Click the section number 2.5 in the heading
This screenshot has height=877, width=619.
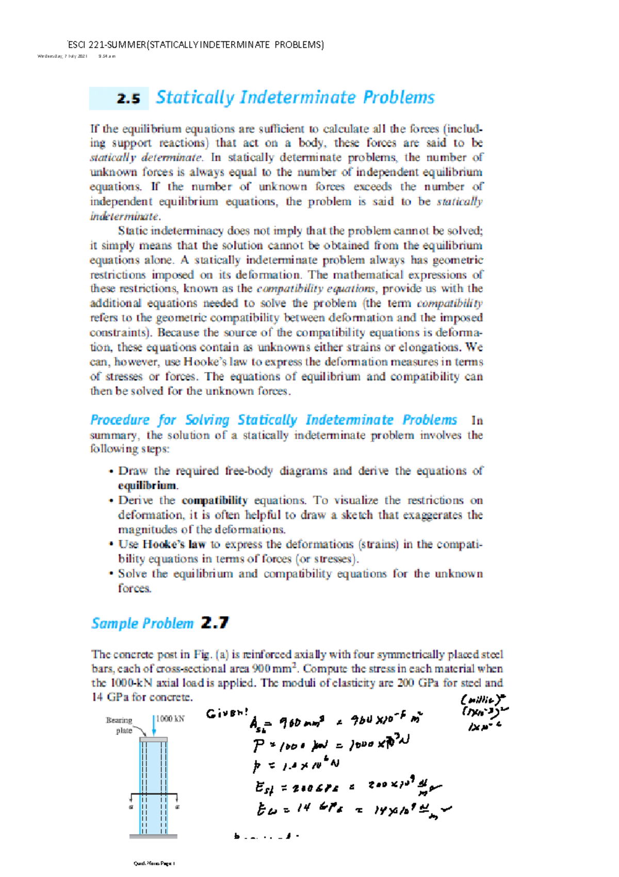pyautogui.click(x=128, y=99)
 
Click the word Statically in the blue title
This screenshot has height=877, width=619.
pyautogui.click(x=195, y=98)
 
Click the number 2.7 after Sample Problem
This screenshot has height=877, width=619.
pyautogui.click(x=215, y=623)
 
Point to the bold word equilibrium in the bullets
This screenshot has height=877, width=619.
pyautogui.click(x=148, y=486)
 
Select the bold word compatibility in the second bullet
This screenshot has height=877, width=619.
pyautogui.click(x=215, y=500)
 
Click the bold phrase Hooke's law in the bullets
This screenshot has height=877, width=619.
pyautogui.click(x=174, y=544)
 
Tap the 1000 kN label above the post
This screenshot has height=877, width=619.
pyautogui.click(x=170, y=719)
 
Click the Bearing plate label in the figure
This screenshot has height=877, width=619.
pyautogui.click(x=120, y=725)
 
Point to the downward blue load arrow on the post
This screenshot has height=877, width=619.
pyautogui.click(x=154, y=726)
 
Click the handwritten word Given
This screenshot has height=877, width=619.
pyautogui.click(x=226, y=714)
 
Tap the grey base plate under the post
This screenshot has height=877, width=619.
pyautogui.click(x=153, y=836)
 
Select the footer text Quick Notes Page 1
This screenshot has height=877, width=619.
pyautogui.click(x=154, y=863)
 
